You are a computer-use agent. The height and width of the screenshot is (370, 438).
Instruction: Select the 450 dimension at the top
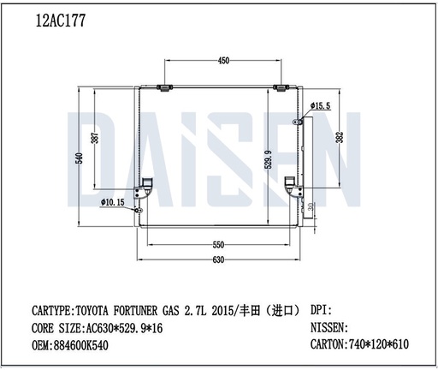(223, 62)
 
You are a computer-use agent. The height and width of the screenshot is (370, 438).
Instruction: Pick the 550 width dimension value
(219, 244)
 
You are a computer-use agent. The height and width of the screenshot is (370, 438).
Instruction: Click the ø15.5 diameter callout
(321, 105)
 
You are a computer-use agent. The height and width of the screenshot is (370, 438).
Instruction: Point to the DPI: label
(319, 309)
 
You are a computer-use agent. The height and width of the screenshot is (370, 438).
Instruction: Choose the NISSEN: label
(327, 327)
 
